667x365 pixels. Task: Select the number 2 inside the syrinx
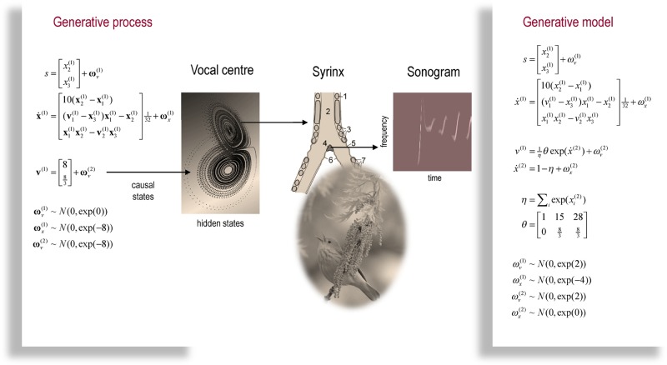[328, 110]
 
